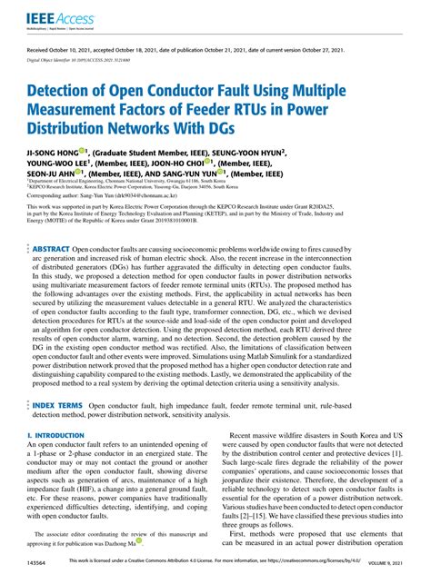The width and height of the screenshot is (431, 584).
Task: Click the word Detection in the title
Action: (x=63, y=93)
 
